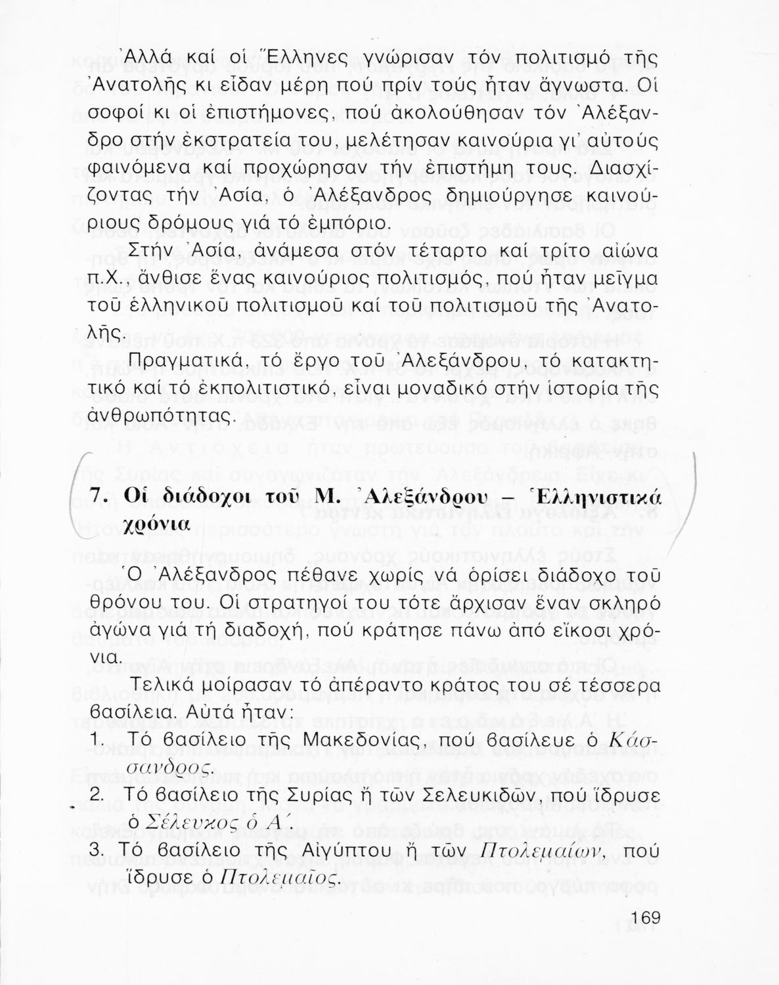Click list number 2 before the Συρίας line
point(97,795)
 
